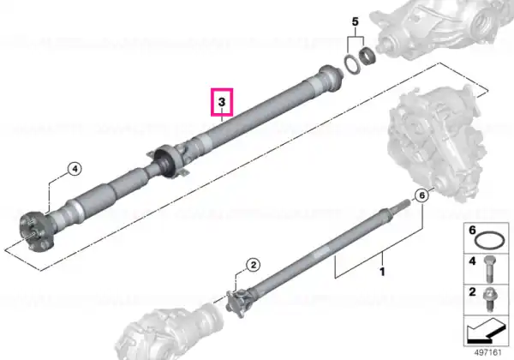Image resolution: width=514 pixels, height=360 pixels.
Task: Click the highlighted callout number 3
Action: point(222,102)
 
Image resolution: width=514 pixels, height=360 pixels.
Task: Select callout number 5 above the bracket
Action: point(356,22)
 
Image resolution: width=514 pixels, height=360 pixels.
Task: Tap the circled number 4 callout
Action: point(75,169)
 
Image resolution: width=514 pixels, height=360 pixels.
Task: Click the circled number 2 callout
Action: point(253,265)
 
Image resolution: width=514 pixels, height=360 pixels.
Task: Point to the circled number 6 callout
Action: point(422,195)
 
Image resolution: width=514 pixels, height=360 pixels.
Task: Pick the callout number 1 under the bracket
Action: point(382,272)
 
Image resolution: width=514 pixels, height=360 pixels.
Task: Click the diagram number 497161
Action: point(488,353)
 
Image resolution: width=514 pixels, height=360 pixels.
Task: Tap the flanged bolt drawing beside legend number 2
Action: point(489,299)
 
